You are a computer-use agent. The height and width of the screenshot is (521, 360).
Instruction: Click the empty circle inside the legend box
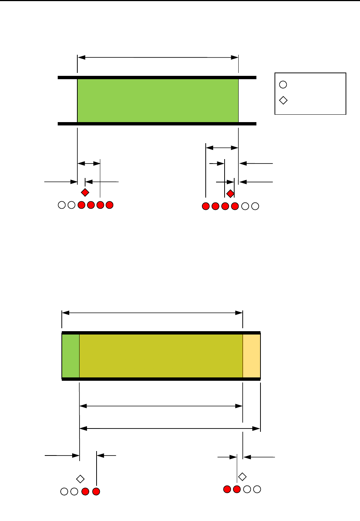[283, 85]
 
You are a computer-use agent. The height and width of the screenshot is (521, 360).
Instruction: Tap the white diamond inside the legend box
[283, 100]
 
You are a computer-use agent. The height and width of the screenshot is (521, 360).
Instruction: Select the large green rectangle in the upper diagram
[158, 101]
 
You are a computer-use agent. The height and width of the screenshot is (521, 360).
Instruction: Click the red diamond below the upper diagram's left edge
[85, 192]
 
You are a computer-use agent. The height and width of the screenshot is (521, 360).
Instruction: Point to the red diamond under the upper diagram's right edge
[231, 194]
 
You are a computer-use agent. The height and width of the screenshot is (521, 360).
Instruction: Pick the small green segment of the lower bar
[71, 356]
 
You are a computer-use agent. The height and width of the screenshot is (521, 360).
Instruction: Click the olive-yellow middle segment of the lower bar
[161, 356]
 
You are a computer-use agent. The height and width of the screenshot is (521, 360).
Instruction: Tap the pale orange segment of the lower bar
[252, 356]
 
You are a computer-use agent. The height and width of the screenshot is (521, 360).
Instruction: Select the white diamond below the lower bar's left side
[80, 479]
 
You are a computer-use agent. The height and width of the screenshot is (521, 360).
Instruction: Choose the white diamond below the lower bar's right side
[242, 477]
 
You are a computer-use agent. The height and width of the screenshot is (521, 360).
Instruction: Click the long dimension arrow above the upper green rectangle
[158, 57]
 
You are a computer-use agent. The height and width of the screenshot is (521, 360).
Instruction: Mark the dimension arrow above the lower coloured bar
[152, 313]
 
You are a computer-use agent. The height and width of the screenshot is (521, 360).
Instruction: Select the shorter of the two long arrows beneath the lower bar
[161, 406]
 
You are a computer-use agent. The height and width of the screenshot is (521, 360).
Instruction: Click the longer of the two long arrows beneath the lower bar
[170, 428]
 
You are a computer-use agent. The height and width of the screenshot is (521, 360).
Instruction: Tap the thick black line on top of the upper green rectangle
[157, 77]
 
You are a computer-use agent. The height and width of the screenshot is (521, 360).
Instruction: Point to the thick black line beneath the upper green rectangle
[157, 124]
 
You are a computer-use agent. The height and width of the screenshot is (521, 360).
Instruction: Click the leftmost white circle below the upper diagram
[62, 205]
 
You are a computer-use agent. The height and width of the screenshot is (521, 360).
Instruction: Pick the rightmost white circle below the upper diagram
[255, 206]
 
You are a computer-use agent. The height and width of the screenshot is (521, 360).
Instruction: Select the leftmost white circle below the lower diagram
[64, 491]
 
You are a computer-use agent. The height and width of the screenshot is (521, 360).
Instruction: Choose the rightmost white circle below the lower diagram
[257, 489]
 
